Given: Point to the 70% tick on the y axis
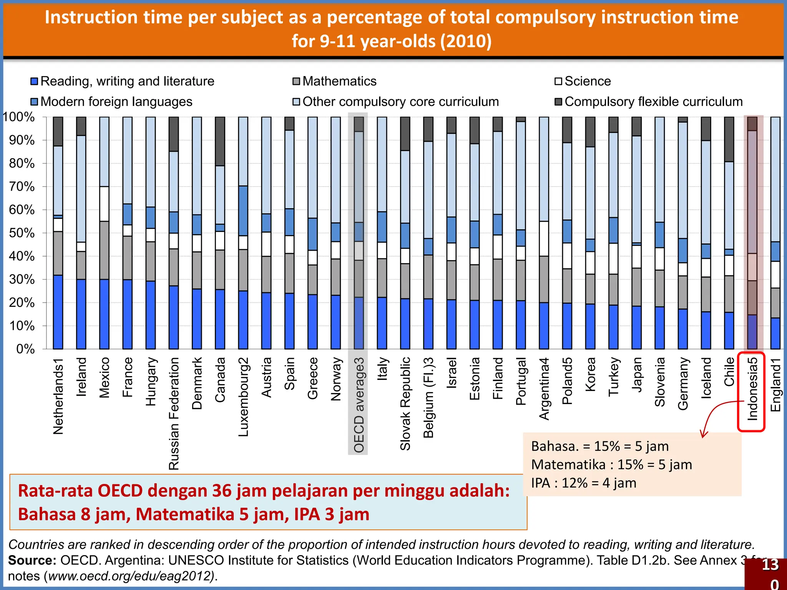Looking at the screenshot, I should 22,187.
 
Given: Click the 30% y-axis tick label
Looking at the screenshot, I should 22,280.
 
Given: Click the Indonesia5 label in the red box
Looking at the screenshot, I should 752,389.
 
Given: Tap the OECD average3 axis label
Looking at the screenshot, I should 358,405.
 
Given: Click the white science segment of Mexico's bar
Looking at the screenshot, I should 104,204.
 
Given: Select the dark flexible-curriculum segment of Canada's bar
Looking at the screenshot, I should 220,141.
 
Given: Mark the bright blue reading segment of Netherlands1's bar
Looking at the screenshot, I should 58,312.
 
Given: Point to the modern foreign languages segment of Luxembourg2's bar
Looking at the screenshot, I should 243,210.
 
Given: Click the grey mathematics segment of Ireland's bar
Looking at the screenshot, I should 81,265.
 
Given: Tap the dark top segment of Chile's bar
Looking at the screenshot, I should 729,139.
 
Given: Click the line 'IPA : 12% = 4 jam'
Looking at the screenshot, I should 583,483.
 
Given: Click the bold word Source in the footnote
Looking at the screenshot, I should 32,560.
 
